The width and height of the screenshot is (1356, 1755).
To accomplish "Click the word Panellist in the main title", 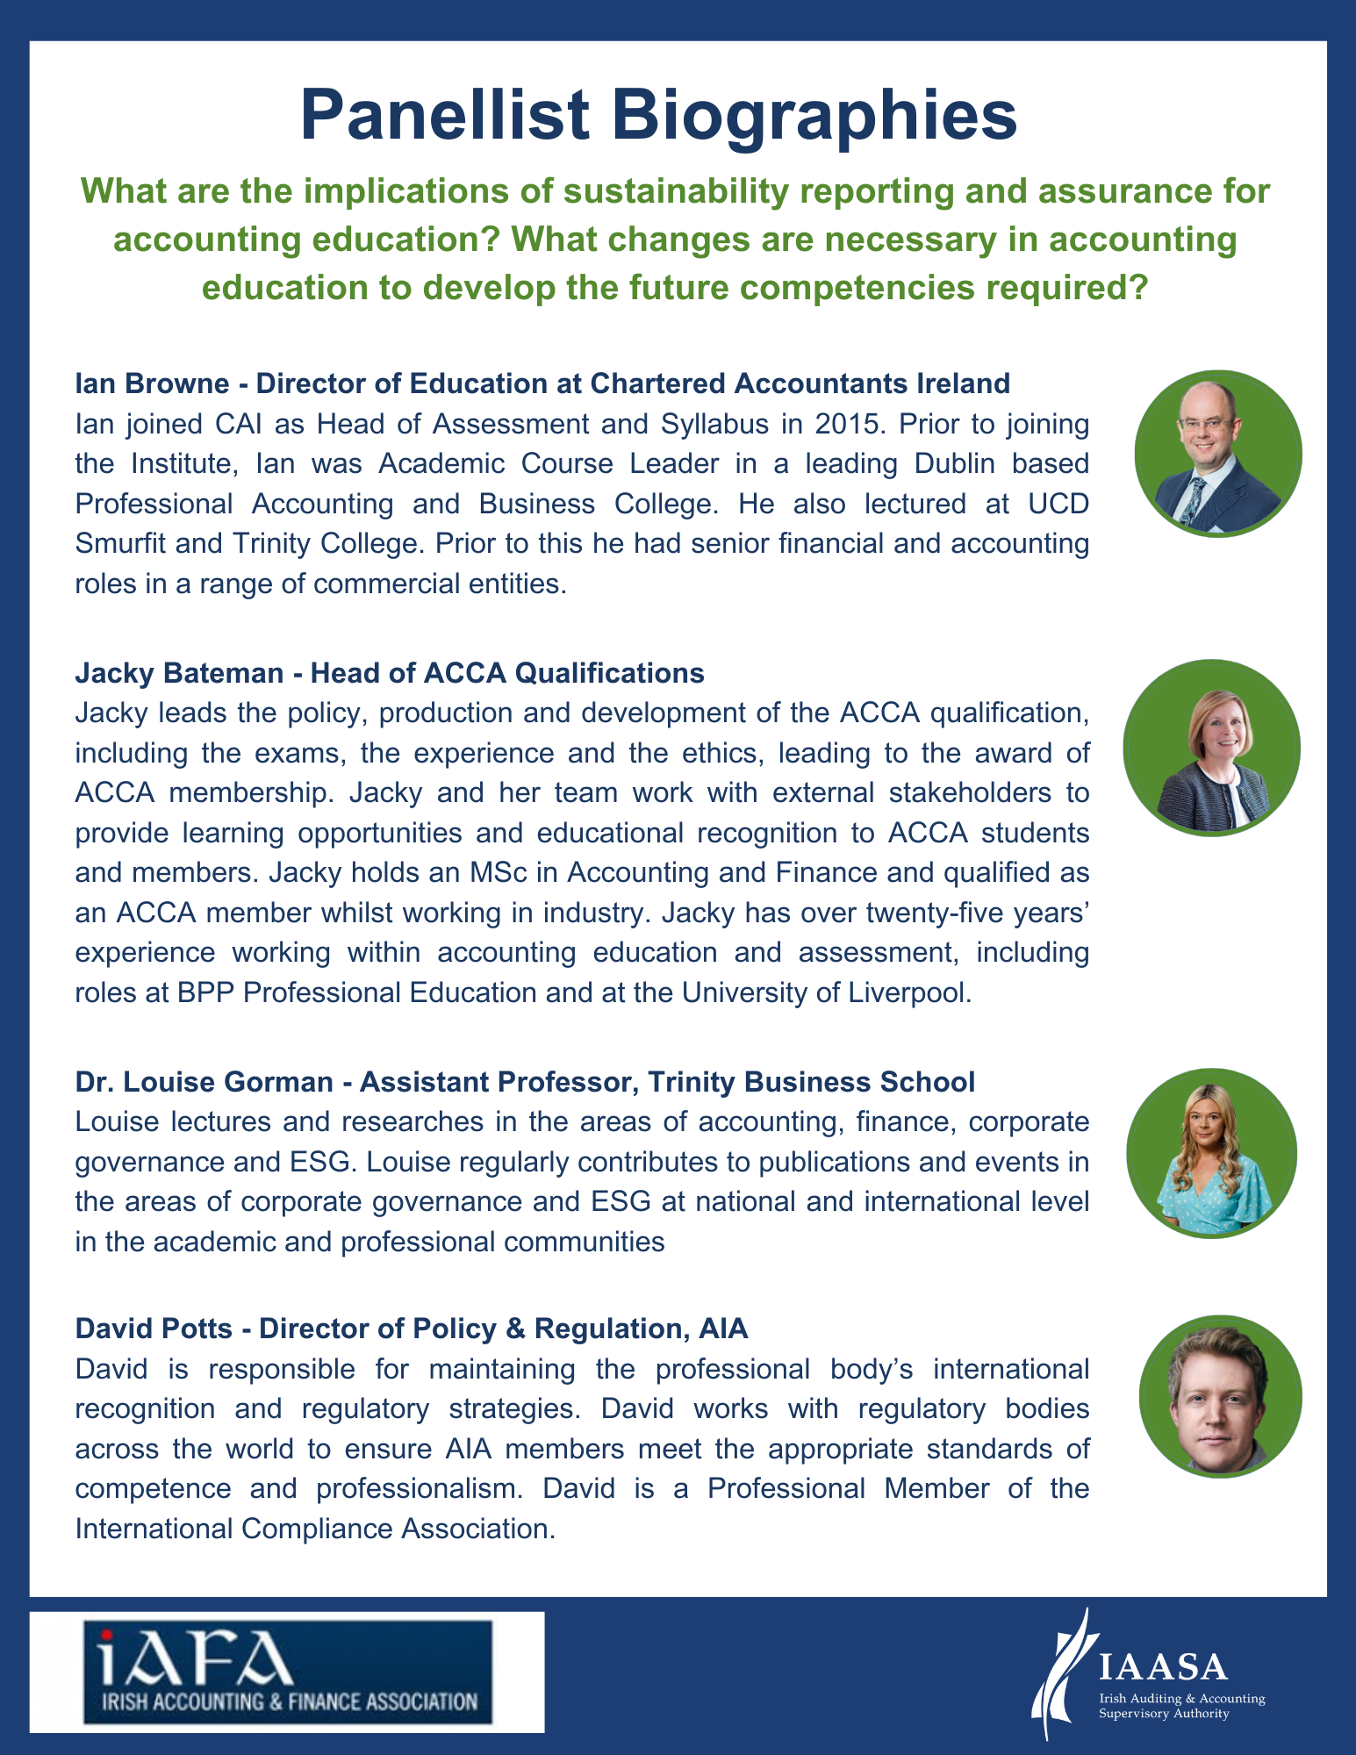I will point(444,115).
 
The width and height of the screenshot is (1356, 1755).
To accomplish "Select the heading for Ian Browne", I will point(542,383).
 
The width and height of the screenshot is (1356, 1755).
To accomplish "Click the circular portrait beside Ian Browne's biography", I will point(1217,454).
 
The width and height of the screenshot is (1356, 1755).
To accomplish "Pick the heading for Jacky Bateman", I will point(390,673).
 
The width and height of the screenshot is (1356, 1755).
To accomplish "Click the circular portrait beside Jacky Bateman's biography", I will point(1211,748).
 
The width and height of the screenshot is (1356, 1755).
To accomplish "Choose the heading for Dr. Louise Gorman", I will point(525,1082).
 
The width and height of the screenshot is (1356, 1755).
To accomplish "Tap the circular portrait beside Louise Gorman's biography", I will point(1211,1153).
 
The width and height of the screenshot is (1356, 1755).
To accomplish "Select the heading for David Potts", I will point(412,1329).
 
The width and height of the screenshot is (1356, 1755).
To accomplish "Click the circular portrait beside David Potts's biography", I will point(1220,1396).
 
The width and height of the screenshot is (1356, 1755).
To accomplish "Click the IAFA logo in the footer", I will point(287,1672).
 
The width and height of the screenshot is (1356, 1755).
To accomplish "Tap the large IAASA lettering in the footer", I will point(1163,1665).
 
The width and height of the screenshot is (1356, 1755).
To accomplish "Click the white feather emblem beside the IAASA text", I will point(1065,1674).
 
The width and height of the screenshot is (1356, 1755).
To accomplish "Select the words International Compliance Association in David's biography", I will point(314,1529).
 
